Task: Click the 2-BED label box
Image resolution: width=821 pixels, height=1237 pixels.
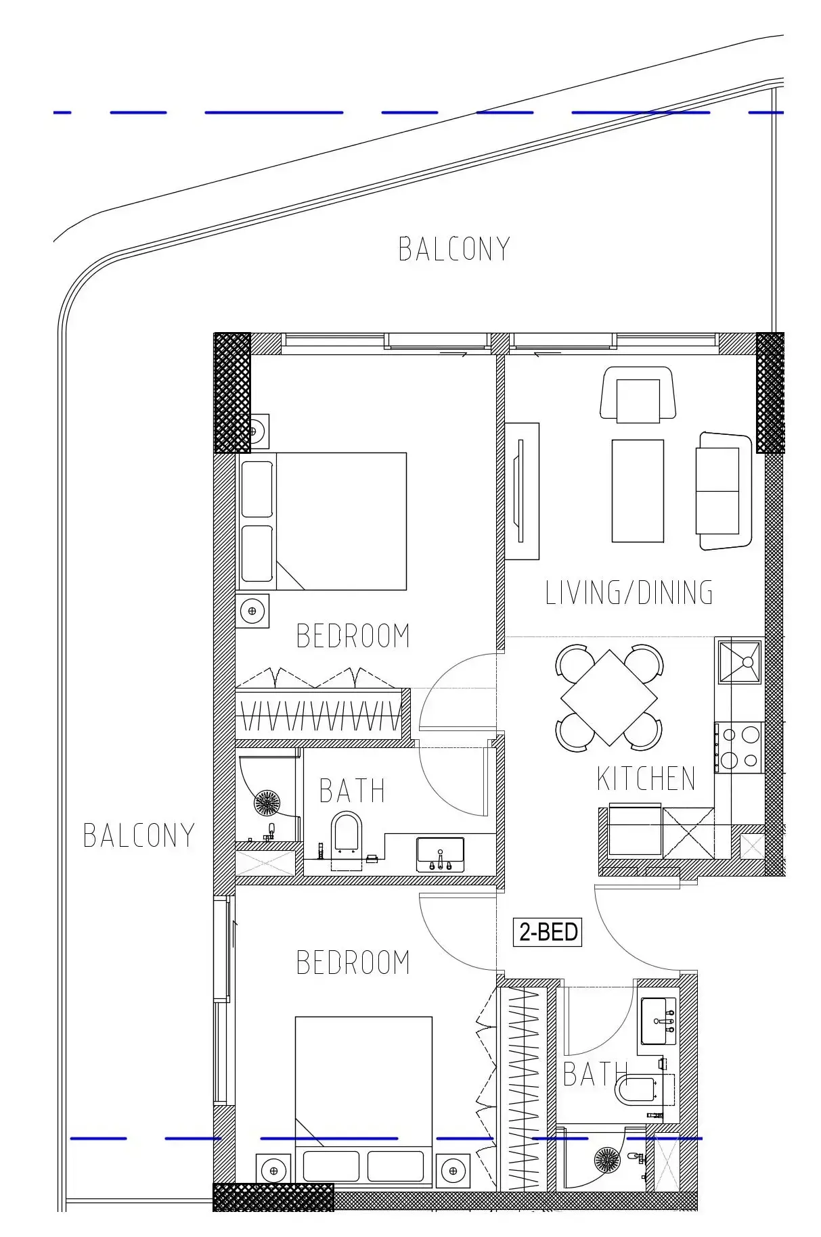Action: point(548,932)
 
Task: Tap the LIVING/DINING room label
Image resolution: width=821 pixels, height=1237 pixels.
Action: point(629,592)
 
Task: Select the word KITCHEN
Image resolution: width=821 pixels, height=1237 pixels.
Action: point(646,779)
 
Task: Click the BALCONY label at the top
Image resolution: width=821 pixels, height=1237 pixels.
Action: point(453,249)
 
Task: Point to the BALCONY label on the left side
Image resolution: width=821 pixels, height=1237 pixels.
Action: point(139,835)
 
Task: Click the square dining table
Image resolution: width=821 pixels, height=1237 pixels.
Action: point(608,698)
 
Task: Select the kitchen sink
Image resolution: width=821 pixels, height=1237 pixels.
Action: point(740,662)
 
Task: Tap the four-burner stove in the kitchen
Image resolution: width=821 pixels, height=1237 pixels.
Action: point(739,747)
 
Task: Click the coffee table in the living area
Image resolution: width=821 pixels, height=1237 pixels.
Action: point(638,490)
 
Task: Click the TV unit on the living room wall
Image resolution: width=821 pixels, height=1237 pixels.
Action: point(522,491)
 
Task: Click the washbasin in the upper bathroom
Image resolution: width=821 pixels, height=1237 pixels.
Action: point(440,854)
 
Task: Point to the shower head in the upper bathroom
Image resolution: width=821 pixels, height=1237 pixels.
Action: point(267,803)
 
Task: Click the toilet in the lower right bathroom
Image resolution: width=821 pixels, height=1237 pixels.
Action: point(636,1090)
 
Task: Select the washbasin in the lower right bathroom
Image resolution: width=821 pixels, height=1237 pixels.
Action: point(658,1021)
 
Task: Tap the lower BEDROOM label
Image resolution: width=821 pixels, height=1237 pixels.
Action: point(353,962)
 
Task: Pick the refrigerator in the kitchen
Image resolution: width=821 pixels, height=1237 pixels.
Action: point(634,831)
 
